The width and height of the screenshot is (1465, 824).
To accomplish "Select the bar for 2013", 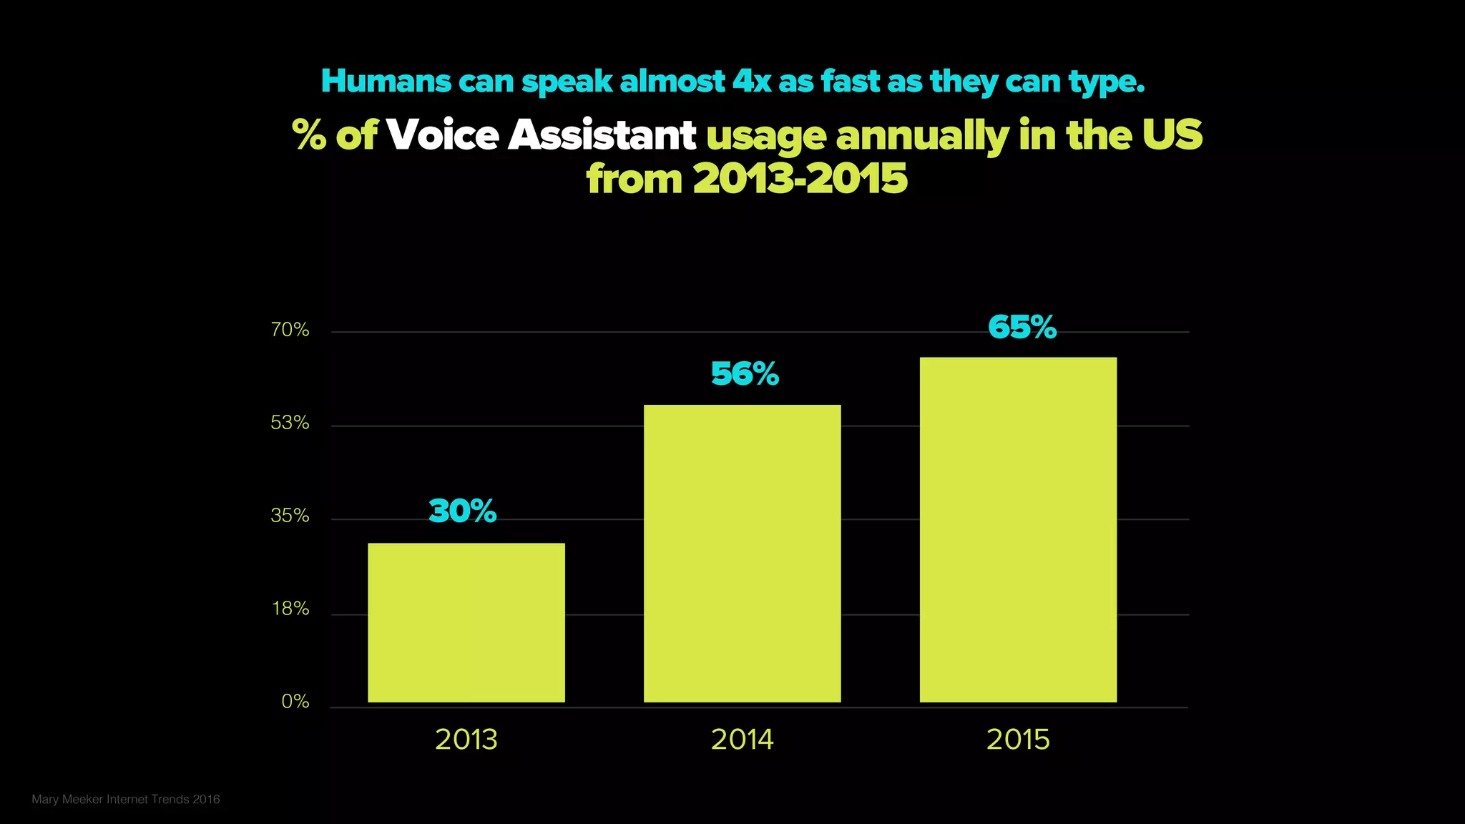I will coord(466,622).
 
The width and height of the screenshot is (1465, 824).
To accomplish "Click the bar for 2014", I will coord(742,554).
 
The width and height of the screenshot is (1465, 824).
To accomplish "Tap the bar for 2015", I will coord(1018,529).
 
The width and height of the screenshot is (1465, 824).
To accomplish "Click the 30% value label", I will coord(463,511).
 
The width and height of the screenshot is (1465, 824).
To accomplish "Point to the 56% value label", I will coord(745,373).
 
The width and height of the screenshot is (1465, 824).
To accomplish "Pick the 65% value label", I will coord(1022,327).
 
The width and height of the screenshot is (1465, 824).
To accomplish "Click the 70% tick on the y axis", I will coord(290,330).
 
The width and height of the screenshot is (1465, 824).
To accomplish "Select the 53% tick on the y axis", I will coord(290,423).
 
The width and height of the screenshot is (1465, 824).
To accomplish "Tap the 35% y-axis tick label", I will coord(290,516).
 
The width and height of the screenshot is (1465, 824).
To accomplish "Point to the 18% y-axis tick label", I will coord(290,609).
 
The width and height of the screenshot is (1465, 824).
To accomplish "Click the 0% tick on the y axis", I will coord(295,702).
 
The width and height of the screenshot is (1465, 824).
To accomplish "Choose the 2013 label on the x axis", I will coord(466,739).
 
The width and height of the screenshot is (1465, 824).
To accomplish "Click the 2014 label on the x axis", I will coord(742,739).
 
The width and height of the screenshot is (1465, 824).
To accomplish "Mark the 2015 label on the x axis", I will coord(1018,739).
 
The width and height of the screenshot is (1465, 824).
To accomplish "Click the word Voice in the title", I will coord(443,134).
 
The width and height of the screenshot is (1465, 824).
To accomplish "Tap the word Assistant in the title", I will coord(602,134).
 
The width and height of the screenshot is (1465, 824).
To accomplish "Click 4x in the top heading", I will coord(752,81).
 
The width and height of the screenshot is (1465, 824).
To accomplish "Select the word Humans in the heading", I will coord(386,81).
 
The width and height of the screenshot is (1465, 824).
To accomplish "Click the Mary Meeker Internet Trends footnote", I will coord(126,799).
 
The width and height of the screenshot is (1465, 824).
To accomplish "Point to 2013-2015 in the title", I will coord(800,178).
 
